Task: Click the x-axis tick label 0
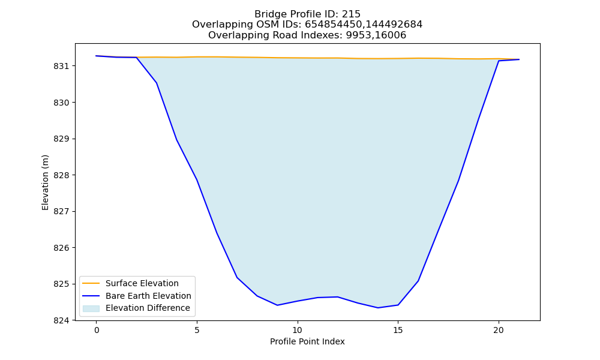click(97, 330)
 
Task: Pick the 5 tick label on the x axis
click(197, 330)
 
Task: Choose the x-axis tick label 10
click(298, 330)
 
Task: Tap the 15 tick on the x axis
click(398, 330)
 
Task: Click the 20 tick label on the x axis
click(498, 330)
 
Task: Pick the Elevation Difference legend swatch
click(91, 308)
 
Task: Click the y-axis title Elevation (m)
click(45, 182)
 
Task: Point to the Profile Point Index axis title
click(307, 341)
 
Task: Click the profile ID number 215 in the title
click(351, 14)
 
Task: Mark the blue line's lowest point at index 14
click(377, 308)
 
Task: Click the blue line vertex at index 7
click(237, 277)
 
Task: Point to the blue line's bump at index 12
click(337, 297)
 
